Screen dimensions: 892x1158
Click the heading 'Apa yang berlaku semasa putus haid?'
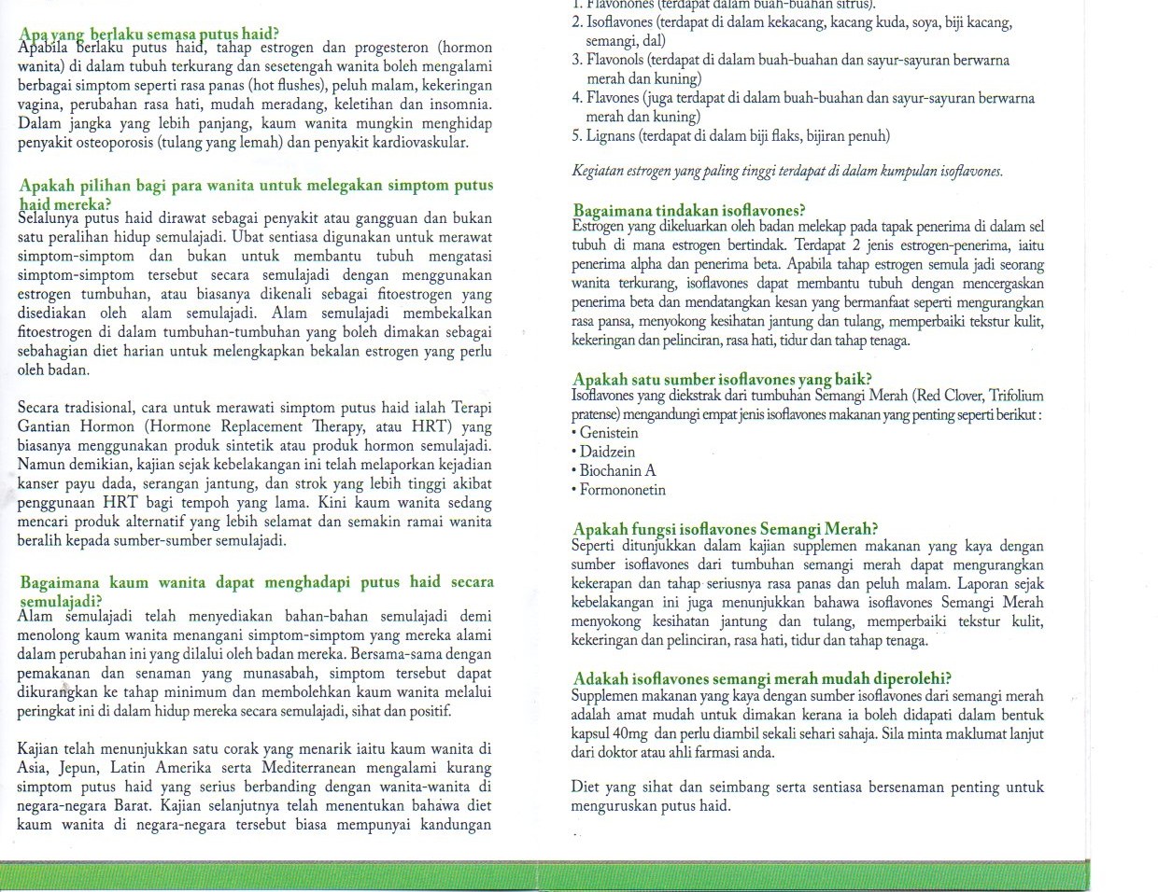148,35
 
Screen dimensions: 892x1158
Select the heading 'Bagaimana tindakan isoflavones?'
689,211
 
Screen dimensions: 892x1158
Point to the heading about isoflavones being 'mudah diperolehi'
762,679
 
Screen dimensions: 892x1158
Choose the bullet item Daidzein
607,453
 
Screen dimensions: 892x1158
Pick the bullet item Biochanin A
617,471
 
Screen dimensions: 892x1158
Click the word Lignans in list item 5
611,136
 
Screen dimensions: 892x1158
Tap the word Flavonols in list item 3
616,61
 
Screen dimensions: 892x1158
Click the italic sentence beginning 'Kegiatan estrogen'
786,173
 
